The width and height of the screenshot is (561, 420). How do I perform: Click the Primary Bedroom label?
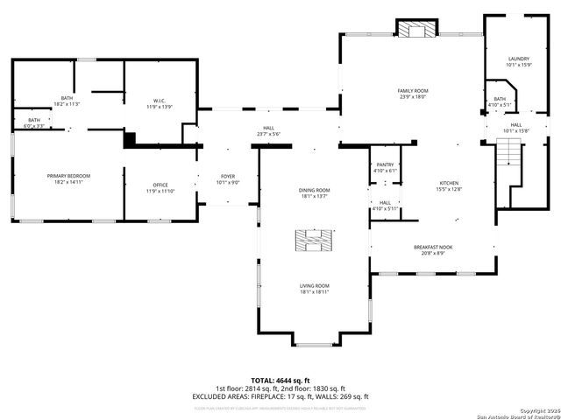click(x=68, y=178)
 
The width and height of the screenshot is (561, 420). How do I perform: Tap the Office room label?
click(x=160, y=187)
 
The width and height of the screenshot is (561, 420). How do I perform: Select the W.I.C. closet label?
click(x=160, y=102)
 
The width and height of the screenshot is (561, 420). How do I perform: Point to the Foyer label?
click(x=227, y=179)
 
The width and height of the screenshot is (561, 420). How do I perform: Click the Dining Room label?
click(x=314, y=192)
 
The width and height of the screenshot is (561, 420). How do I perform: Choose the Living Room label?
click(x=314, y=288)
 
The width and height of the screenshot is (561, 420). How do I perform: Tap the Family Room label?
click(x=412, y=94)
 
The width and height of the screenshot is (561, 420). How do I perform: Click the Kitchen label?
click(x=449, y=185)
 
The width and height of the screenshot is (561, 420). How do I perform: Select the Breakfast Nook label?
click(x=432, y=249)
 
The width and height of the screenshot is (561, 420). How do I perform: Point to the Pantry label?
click(x=385, y=167)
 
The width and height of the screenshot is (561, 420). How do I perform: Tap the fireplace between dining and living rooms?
click(x=313, y=240)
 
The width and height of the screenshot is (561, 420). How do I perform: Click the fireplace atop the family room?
click(x=415, y=30)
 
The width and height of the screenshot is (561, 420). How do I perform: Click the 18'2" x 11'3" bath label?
click(x=67, y=100)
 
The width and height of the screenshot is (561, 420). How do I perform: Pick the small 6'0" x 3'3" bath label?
click(x=34, y=122)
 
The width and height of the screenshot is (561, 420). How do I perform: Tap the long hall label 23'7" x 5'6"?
click(x=268, y=131)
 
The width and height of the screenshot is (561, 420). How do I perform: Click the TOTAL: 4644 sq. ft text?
click(x=280, y=380)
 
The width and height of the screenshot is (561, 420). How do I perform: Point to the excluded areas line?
click(x=280, y=396)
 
